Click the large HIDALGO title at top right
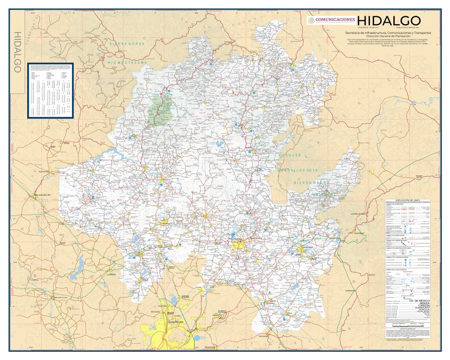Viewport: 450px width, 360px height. (x=389, y=21)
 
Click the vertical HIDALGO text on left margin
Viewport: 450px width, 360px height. (x=18, y=53)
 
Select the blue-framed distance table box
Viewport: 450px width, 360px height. (x=50, y=90)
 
